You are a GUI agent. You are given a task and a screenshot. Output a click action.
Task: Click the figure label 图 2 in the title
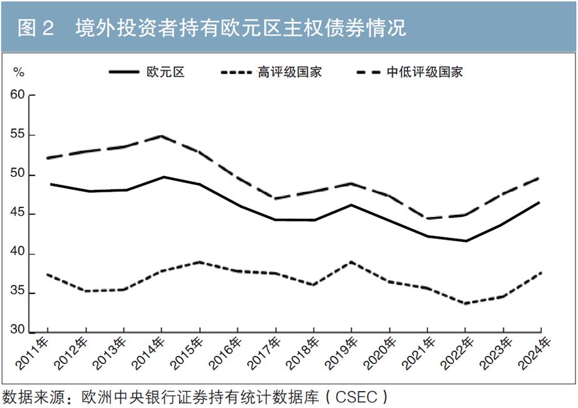36,28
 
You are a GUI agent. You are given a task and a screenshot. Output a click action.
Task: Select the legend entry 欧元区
165,72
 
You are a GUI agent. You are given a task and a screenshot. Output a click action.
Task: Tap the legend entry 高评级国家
289,72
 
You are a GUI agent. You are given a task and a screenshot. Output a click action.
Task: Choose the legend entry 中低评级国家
426,72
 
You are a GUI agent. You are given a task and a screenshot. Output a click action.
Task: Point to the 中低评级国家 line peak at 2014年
162,136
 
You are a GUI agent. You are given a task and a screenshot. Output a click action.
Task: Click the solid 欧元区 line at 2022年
465,241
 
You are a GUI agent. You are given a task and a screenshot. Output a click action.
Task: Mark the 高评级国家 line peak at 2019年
351,262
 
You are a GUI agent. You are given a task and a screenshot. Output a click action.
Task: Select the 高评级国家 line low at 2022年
465,303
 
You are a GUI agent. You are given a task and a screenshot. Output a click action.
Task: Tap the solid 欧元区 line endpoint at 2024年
540,202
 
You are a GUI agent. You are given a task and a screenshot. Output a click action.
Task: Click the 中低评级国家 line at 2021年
427,218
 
